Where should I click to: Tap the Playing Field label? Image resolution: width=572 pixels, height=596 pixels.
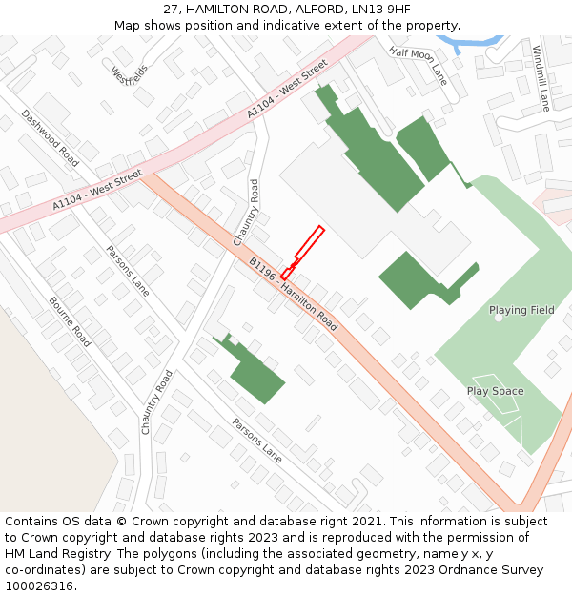pos(521,310)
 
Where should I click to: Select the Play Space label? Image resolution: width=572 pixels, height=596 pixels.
pos(495,391)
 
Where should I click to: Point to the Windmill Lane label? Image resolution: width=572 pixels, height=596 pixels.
pos(541,78)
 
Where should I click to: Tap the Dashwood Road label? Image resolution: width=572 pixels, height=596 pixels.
pos(51,137)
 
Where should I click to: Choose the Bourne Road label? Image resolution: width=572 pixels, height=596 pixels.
pos(70,322)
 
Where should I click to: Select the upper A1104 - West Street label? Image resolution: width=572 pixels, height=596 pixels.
pos(287,89)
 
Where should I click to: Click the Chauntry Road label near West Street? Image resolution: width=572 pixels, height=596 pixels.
pos(254,211)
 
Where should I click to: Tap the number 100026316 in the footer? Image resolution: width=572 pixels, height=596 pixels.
pos(41,586)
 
